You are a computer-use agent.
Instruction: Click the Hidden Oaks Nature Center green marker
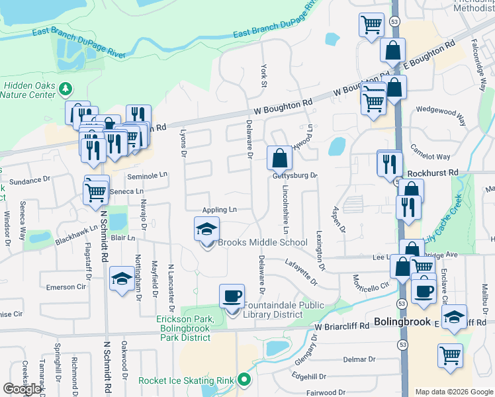pos(65,88)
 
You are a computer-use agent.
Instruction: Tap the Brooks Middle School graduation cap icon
pos(206,230)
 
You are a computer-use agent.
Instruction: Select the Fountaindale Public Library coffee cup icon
pos(232,296)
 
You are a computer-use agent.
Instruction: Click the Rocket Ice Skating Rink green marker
pos(244,380)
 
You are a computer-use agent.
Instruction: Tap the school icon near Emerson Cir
pos(122,280)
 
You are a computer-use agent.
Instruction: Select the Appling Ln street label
pos(219,210)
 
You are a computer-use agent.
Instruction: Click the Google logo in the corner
pos(22,389)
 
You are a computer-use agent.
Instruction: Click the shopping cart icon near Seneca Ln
pos(97,191)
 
